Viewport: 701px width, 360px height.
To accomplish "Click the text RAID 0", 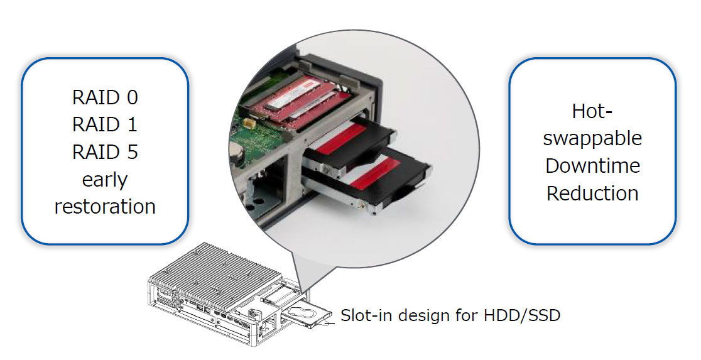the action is tap(105, 97).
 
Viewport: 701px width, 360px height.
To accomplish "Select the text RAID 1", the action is tap(105, 124).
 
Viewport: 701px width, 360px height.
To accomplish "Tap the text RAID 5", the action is tap(105, 152).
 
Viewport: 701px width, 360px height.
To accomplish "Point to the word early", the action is tap(105, 180).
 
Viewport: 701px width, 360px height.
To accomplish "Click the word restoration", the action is tap(105, 207).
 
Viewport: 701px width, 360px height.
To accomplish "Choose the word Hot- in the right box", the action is tap(592, 111).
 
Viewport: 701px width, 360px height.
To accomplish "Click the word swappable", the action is tap(592, 139).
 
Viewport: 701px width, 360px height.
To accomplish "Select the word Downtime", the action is tap(592, 166).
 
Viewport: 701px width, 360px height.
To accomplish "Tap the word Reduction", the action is tap(592, 194).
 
